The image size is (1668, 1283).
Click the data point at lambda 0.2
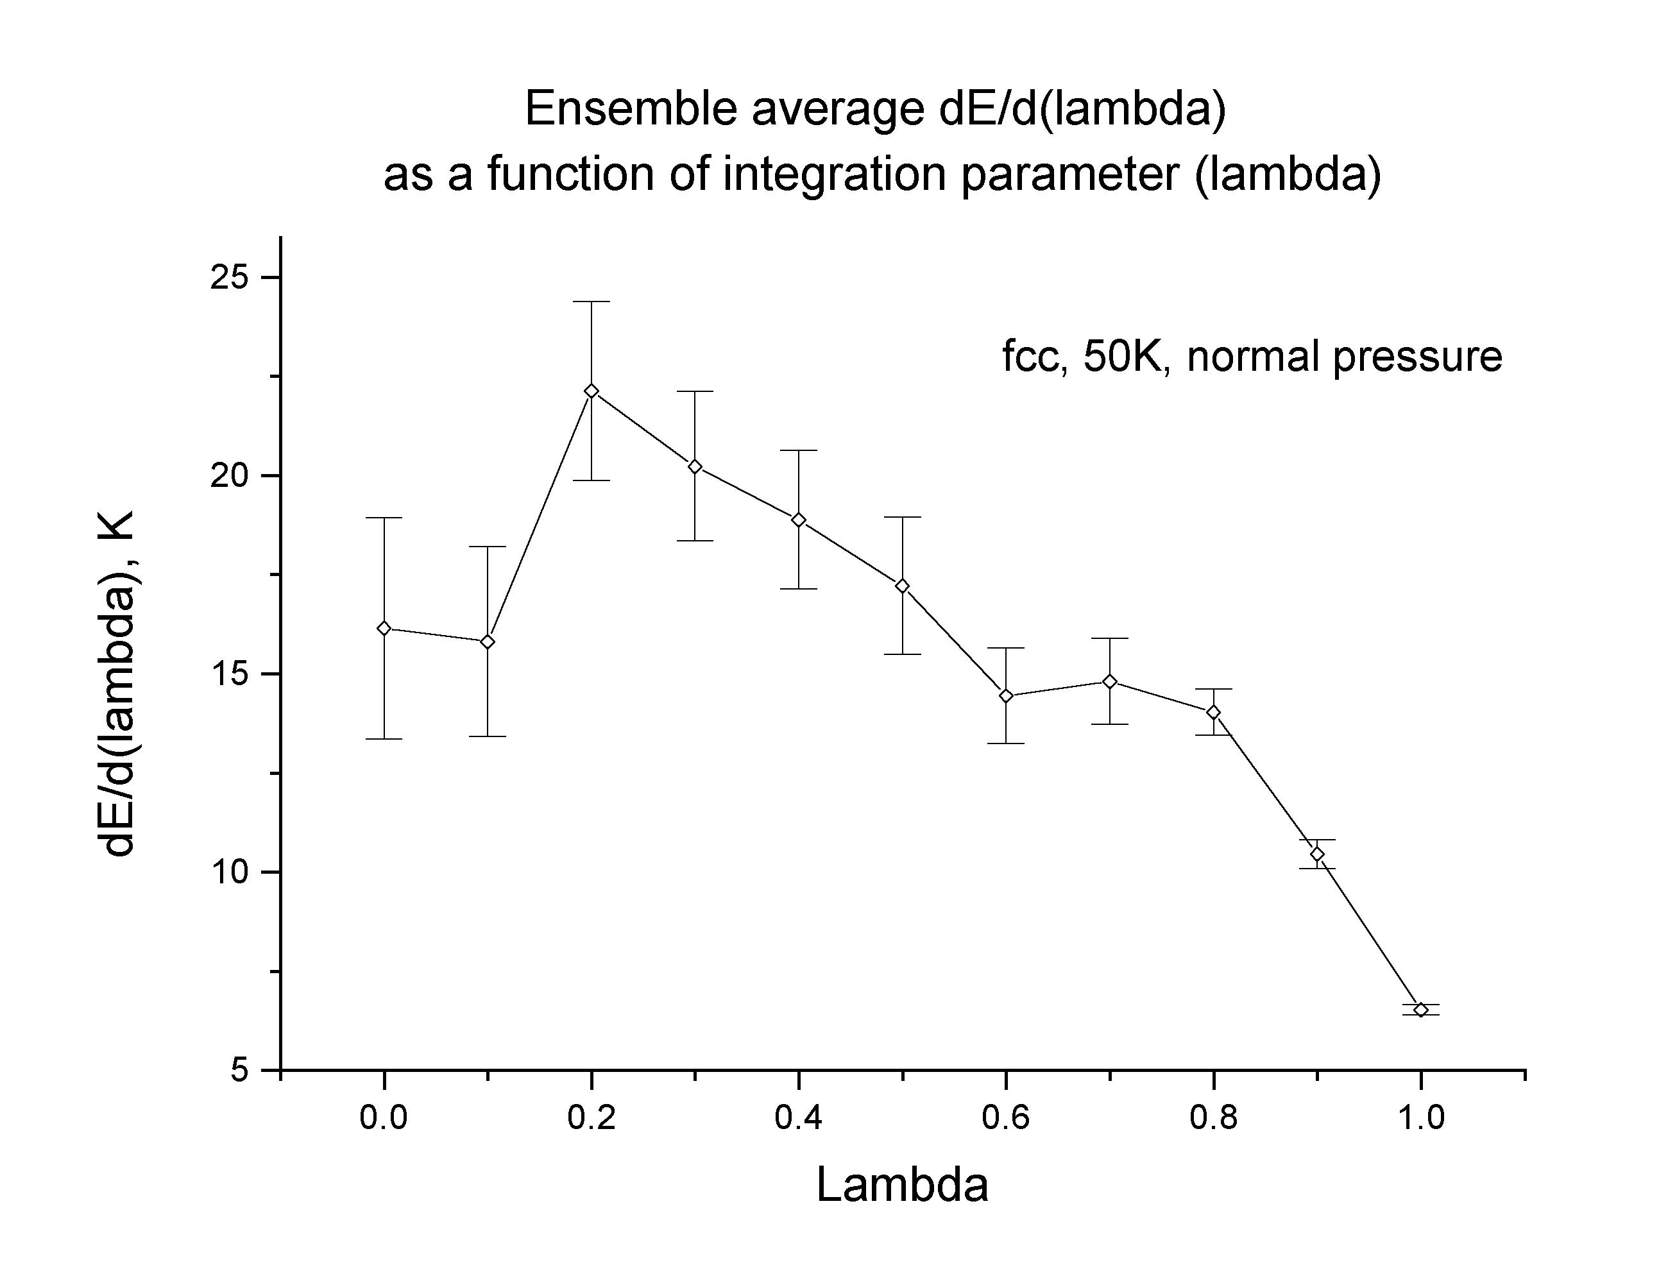tap(591, 391)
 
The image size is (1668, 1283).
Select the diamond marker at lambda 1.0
tap(1420, 1010)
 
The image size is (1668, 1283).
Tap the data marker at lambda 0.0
tap(384, 629)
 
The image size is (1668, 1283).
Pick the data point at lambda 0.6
tap(1006, 696)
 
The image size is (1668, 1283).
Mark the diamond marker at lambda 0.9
tap(1316, 854)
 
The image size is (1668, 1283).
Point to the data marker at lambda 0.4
tap(799, 520)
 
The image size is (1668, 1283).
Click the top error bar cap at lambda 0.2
tap(591, 302)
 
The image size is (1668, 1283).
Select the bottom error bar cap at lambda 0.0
tap(384, 738)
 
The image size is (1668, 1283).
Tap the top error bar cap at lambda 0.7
tap(1110, 638)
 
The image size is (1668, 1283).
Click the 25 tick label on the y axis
tap(230, 278)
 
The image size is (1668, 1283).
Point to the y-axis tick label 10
tap(230, 872)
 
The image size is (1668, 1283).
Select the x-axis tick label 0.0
tap(384, 1119)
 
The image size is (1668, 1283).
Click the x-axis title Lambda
tap(902, 1186)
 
